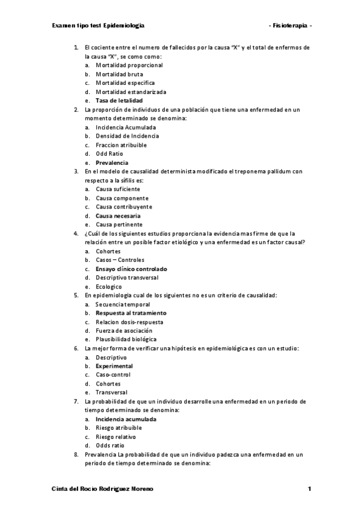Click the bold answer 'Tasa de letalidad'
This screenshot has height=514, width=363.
tap(119, 101)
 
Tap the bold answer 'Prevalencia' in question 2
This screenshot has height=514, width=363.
tap(112, 163)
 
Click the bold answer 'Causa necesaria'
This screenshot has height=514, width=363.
tap(118, 216)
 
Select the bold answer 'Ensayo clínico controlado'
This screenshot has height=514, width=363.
tap(132, 269)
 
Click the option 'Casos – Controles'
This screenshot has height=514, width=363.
tap(120, 260)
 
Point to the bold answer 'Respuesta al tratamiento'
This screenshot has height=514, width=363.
tap(130, 313)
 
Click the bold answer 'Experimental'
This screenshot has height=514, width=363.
tap(114, 366)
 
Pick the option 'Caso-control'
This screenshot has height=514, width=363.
tap(113, 375)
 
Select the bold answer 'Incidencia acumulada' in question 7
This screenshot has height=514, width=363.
tap(126, 419)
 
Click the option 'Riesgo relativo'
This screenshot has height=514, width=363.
tap(116, 436)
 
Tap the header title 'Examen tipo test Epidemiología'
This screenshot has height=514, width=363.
tap(99, 27)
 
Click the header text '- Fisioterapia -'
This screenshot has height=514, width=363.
tap(290, 27)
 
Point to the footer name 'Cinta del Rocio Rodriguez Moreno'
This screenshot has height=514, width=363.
tap(102, 489)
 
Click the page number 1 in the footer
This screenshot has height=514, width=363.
tap(309, 489)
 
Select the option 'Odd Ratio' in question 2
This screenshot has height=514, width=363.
tap(109, 154)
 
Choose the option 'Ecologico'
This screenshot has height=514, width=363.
tap(109, 287)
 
